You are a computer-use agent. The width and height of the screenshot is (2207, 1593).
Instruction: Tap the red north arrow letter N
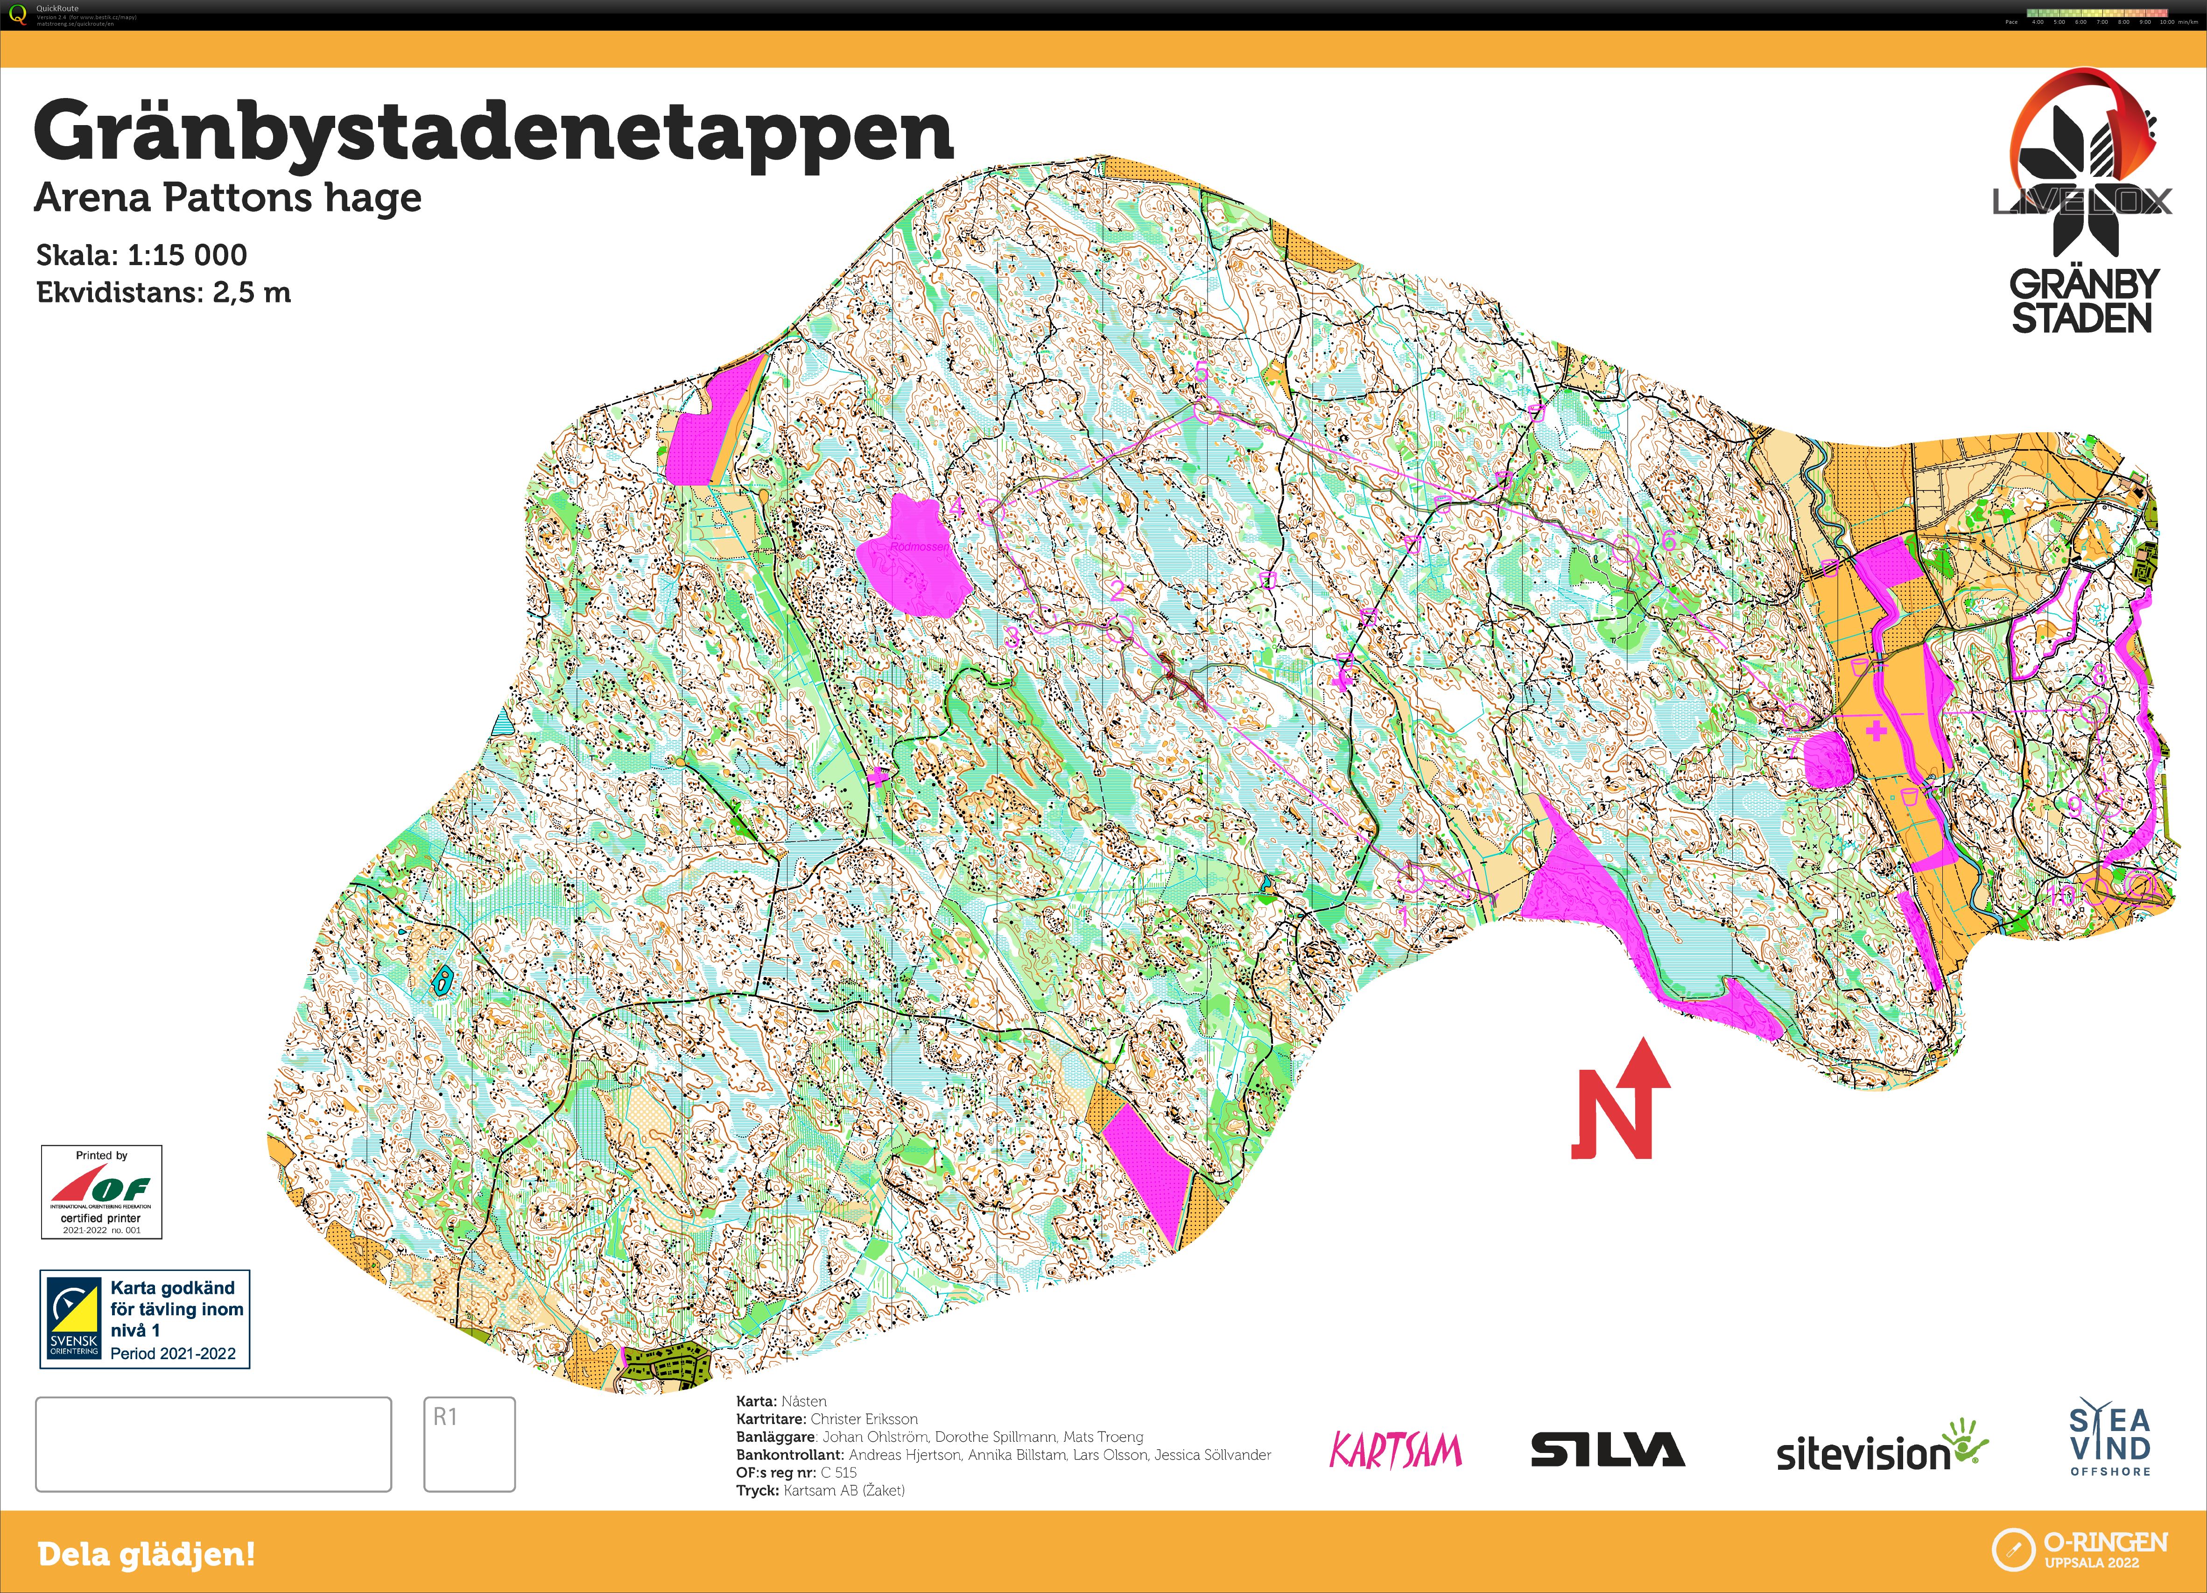click(1610, 1114)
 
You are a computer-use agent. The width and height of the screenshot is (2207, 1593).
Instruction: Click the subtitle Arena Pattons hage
click(228, 197)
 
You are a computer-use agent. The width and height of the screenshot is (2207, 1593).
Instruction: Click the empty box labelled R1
click(469, 1444)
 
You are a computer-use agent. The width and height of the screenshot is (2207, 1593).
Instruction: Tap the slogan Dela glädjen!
click(146, 1554)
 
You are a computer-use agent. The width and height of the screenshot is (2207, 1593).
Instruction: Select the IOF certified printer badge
click(101, 1191)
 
